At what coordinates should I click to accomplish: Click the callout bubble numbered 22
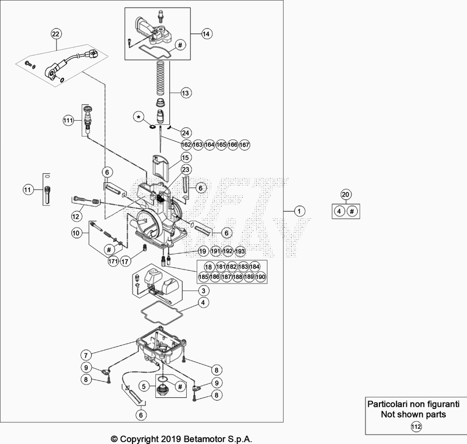pos(55,33)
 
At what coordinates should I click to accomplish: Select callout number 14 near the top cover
pos(205,33)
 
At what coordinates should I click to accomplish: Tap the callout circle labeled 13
pos(185,93)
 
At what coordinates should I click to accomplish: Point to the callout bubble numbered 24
pos(186,132)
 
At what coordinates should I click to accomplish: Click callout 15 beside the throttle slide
pos(185,158)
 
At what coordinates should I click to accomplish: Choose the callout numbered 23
pos(185,170)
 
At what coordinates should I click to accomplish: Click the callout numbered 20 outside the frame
pos(345,194)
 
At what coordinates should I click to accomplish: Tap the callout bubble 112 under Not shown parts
pos(416,426)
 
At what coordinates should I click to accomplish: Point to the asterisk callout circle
pos(139,117)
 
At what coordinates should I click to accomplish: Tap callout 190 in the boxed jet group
pos(260,277)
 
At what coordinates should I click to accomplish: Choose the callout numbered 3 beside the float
pos(202,290)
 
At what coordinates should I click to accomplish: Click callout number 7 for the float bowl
pos(86,354)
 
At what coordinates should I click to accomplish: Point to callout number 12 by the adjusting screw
pos(76,216)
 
